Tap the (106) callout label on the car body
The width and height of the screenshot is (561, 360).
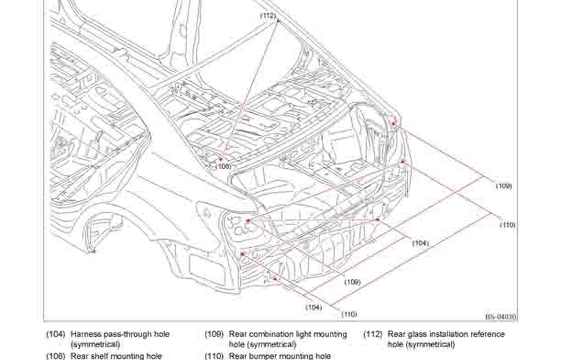[x=224, y=166]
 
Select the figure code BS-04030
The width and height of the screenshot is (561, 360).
[x=501, y=317]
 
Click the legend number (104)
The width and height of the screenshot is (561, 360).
[x=56, y=334]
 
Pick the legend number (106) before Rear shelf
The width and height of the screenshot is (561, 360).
[x=56, y=356]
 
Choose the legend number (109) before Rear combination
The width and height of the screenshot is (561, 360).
[x=215, y=334]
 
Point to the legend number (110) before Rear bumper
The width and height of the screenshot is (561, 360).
[x=215, y=356]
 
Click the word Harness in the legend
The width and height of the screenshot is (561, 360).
[x=85, y=334]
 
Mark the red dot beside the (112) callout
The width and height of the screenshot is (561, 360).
[x=277, y=20]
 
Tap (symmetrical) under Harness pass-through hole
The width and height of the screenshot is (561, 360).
[x=95, y=345]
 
